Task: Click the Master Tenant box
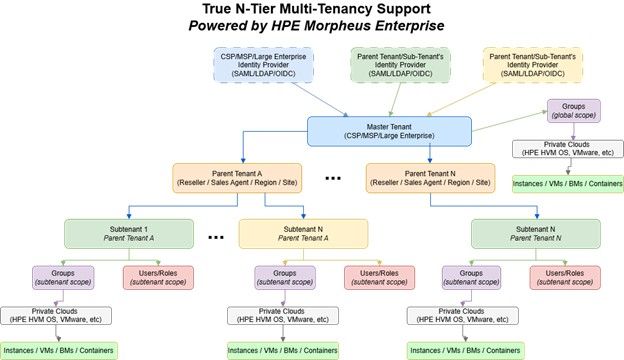coord(389,131)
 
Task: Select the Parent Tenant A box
coord(237,178)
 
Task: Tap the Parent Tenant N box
coord(430,178)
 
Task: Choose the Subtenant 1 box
coord(129,234)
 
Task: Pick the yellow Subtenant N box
coord(303,234)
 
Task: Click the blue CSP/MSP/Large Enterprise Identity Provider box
coord(263,65)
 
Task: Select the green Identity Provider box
coord(400,65)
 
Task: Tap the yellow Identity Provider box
coord(532,65)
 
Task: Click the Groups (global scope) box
coord(573,111)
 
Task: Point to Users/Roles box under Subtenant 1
coord(158,278)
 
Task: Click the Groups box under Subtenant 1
coord(63,278)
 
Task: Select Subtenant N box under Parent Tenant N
coord(536,234)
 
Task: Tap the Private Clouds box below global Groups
coord(567,149)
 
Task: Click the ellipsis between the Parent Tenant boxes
coord(333,179)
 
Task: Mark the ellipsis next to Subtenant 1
coord(216,238)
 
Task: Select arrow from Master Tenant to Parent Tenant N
coord(430,154)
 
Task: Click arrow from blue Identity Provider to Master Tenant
coord(320,99)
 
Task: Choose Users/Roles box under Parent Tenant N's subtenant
coord(565,278)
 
